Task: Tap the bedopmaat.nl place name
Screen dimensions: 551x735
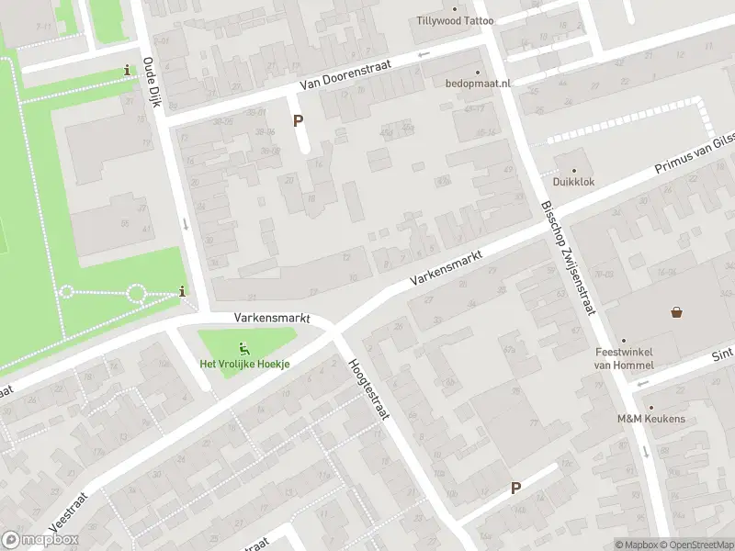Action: (477, 84)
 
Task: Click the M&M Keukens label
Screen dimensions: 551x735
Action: (650, 419)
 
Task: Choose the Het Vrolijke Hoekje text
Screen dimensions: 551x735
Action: (244, 364)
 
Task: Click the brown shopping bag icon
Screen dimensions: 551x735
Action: (677, 312)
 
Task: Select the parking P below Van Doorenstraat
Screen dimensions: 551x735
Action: (297, 120)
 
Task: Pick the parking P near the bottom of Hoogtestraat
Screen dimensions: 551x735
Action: (515, 489)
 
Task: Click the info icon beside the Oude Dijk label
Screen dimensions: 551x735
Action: (127, 71)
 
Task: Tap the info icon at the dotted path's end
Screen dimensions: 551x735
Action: (182, 292)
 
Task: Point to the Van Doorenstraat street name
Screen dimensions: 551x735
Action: (345, 76)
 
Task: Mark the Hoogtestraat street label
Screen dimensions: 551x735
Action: (367, 388)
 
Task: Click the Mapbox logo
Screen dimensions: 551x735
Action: (40, 540)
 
